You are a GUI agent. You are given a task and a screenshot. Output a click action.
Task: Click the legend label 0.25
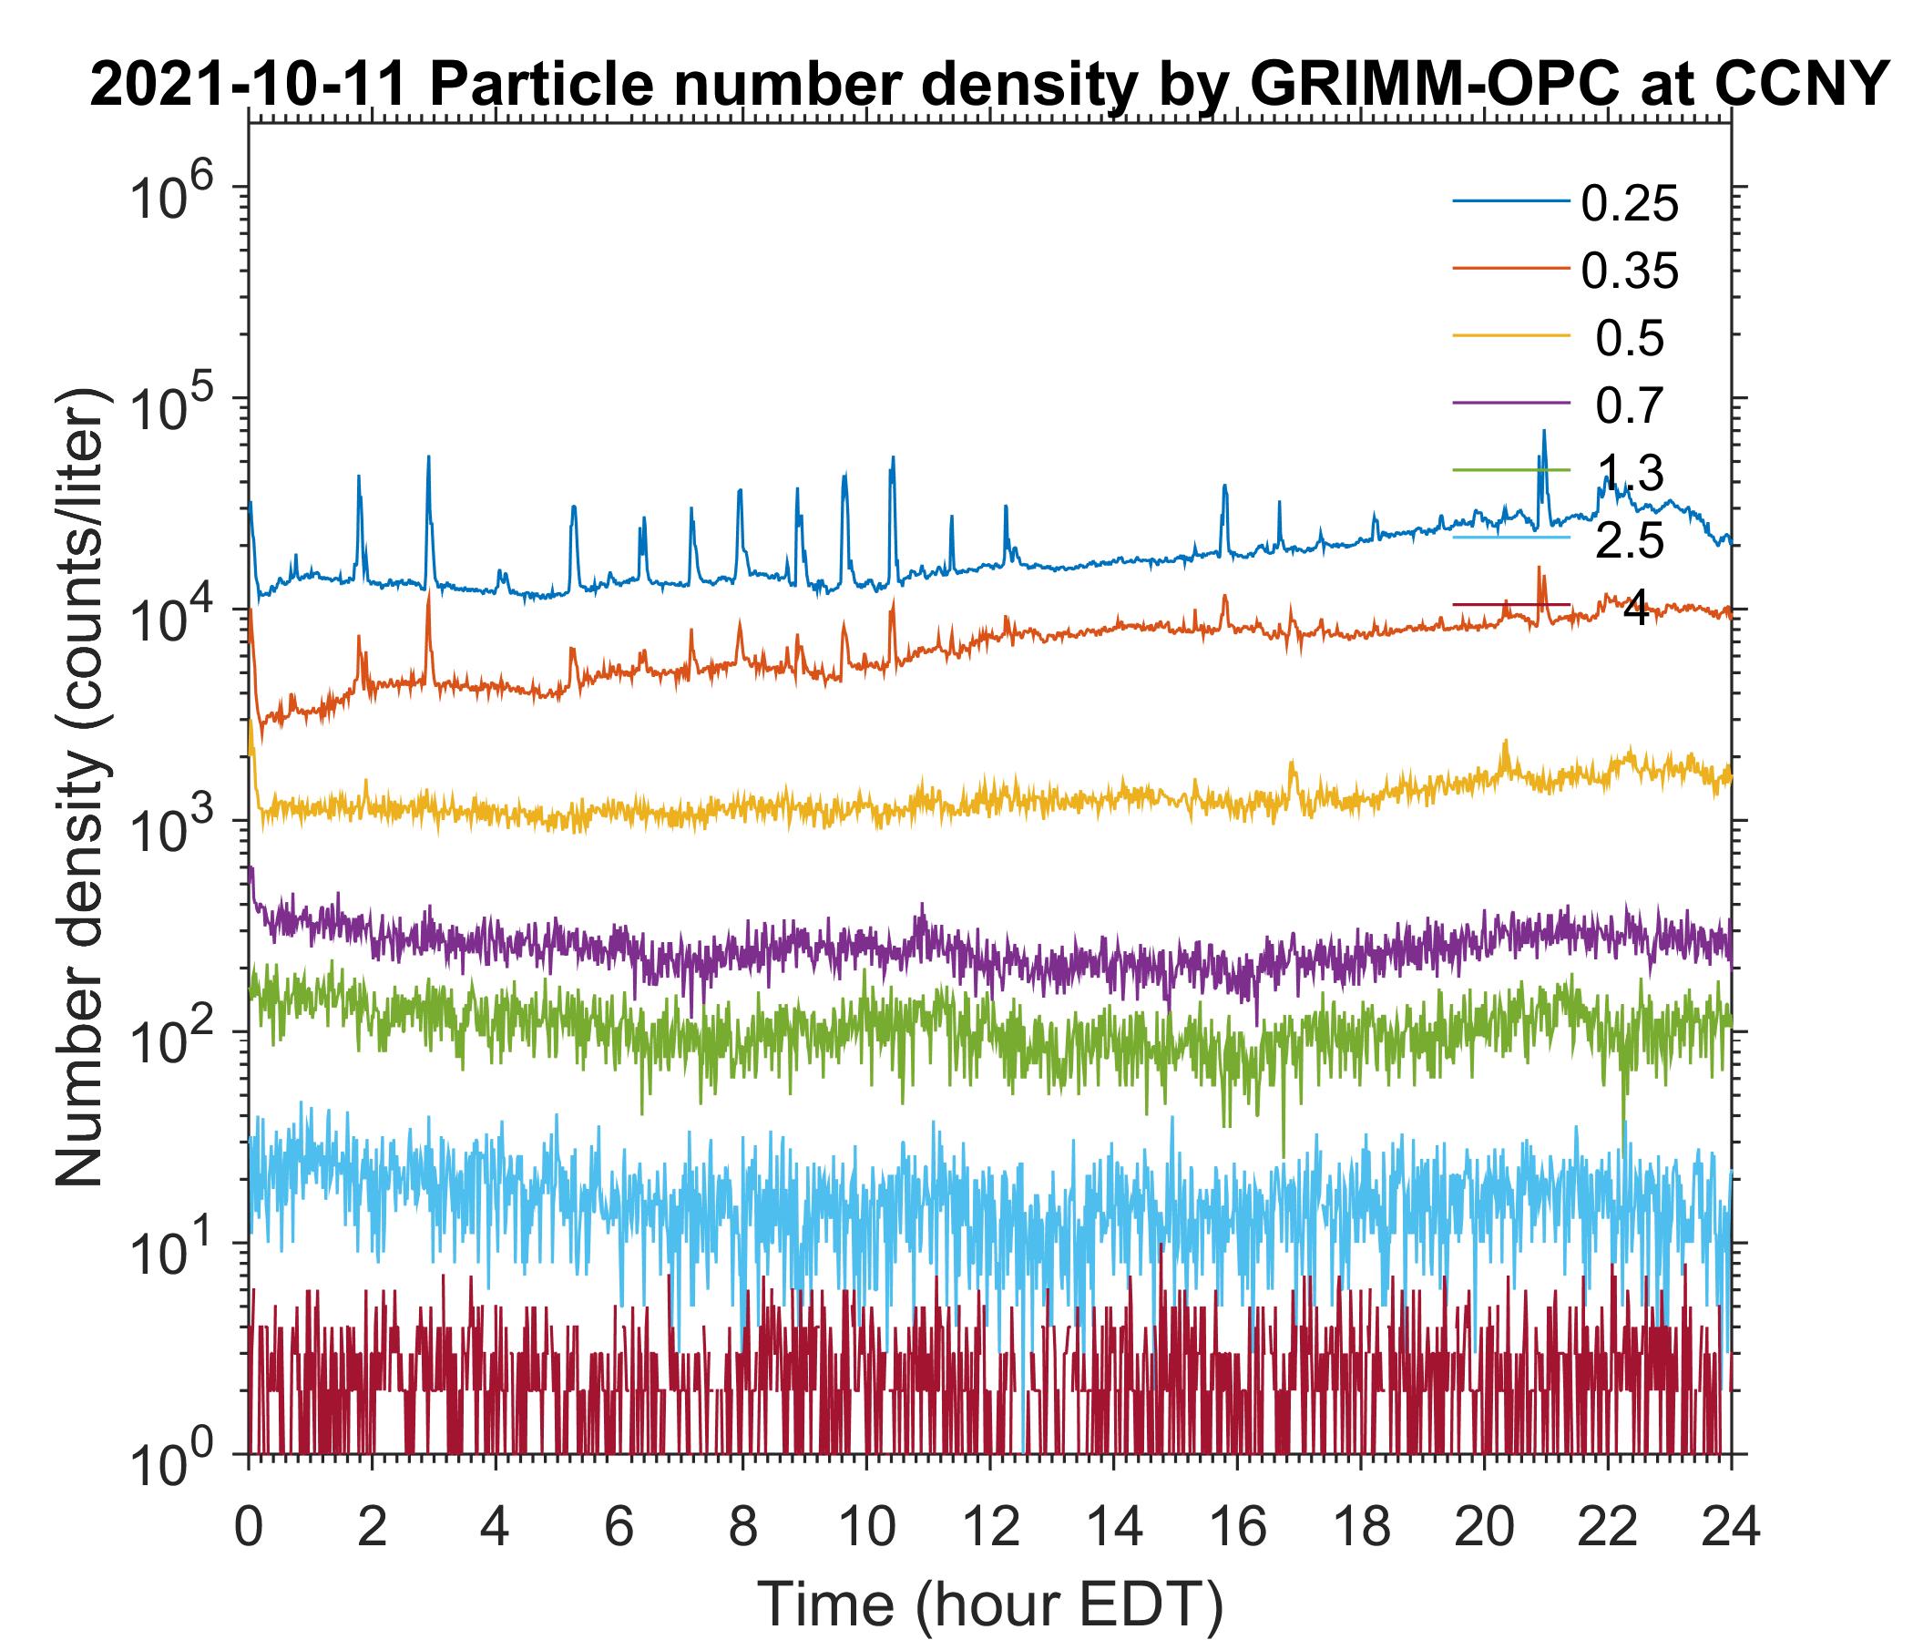pyautogui.click(x=1630, y=204)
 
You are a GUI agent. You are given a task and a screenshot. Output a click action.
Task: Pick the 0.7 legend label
pyautogui.click(x=1630, y=406)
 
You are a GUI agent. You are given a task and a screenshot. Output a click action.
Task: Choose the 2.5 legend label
pyautogui.click(x=1630, y=541)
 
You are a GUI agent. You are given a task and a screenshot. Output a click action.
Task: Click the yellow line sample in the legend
pyautogui.click(x=1511, y=335)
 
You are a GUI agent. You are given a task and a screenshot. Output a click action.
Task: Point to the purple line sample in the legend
pyautogui.click(x=1511, y=403)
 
